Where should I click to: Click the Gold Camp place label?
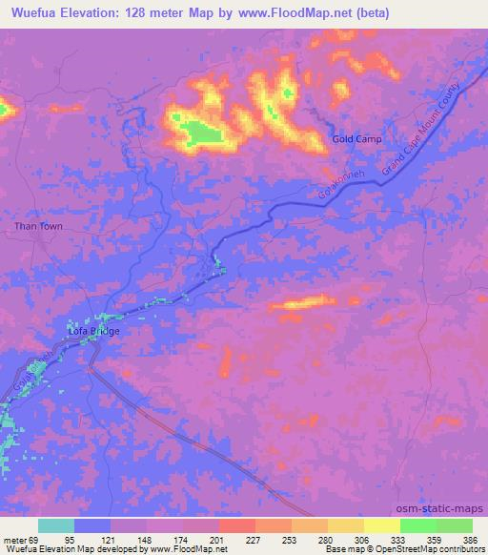click(356, 139)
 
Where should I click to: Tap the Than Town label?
click(37, 227)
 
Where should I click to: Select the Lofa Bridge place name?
click(92, 331)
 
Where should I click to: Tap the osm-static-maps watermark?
click(446, 507)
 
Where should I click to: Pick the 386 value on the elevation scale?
click(471, 540)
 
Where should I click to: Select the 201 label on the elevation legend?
click(217, 540)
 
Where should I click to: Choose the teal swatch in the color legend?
click(56, 526)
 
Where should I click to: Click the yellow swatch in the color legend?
click(382, 526)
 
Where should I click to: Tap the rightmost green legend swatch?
click(455, 526)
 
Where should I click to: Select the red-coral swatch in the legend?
click(237, 526)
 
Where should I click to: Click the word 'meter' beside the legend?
click(14, 540)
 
